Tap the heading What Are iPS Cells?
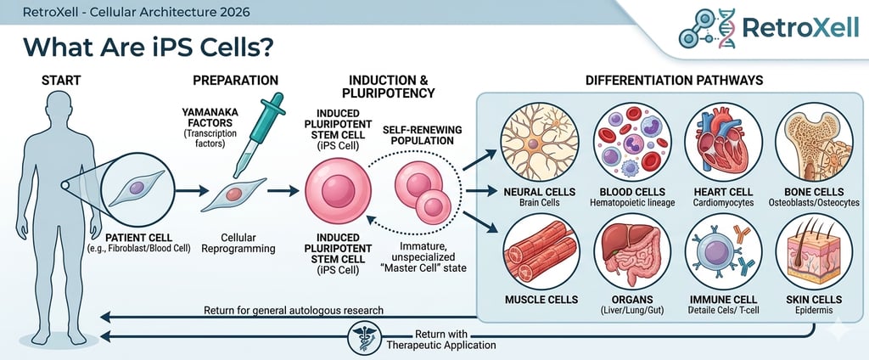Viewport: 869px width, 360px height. [x=149, y=48]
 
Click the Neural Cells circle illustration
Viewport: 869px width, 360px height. [x=539, y=142]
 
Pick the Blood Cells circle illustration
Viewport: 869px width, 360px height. [x=632, y=142]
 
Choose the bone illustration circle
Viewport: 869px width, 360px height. [x=814, y=142]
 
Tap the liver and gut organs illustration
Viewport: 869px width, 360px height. [x=632, y=251]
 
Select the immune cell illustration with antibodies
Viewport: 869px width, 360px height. [x=723, y=251]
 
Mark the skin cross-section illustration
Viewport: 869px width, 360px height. [x=814, y=251]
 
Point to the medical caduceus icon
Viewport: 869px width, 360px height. [x=365, y=337]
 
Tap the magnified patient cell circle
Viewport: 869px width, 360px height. [x=138, y=188]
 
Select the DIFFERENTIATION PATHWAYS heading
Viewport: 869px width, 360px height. [x=674, y=81]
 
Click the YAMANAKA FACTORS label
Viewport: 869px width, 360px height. [x=209, y=118]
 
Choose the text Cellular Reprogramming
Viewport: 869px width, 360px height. [x=238, y=242]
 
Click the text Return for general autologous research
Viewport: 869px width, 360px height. [x=293, y=310]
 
